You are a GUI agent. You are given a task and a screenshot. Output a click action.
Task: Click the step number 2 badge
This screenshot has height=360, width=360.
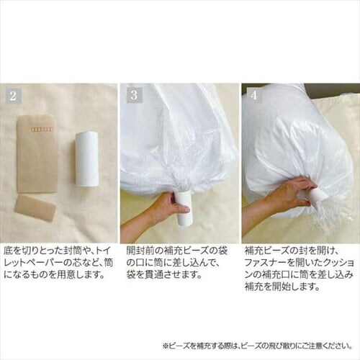click(12, 95)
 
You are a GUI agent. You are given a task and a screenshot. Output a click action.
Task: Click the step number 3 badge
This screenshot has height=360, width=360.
click(133, 95)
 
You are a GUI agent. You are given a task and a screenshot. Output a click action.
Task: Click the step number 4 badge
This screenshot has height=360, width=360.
click(253, 95)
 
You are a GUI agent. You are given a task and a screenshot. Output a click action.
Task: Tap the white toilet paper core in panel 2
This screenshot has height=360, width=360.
click(86, 158)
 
